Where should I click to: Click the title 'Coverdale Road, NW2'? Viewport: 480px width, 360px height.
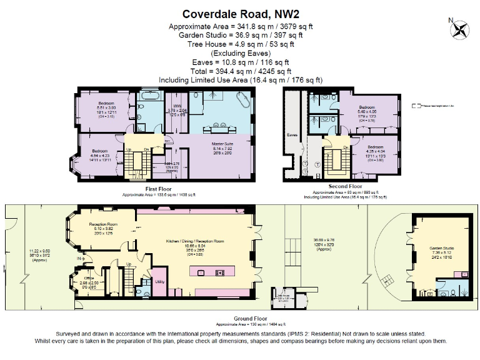pyautogui.click(x=241, y=13)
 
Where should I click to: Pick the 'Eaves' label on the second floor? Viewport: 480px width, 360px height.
pyautogui.click(x=291, y=134)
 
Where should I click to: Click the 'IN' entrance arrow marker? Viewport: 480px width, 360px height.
pyautogui.click(x=79, y=257)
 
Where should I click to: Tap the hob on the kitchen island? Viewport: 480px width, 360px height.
pyautogui.click(x=220, y=272)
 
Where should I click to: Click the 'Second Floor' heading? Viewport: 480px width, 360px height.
pyautogui.click(x=345, y=187)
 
